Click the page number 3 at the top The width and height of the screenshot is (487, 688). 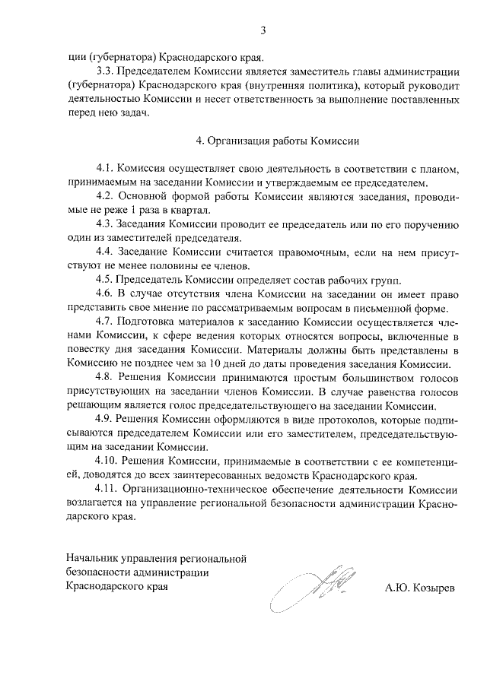pyautogui.click(x=263, y=31)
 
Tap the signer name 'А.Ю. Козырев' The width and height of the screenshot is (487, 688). pyautogui.click(x=419, y=587)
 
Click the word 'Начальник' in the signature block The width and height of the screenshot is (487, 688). pyautogui.click(x=94, y=559)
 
